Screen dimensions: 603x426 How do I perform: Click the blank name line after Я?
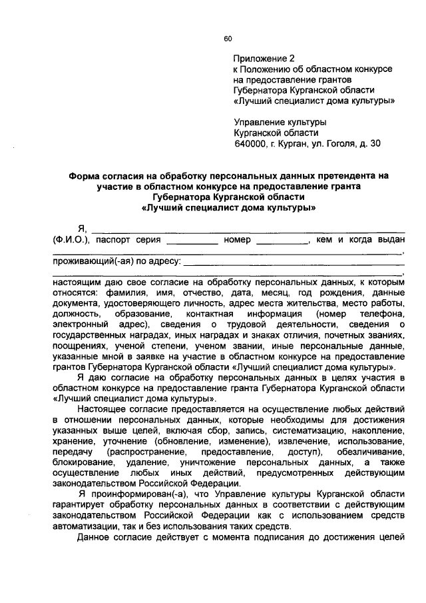click(x=246, y=231)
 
